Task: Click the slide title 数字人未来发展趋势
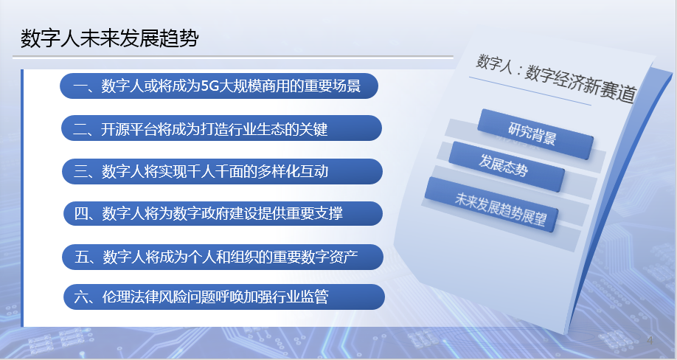click(110, 38)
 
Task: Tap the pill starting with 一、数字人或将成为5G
click(219, 86)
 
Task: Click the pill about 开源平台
click(221, 128)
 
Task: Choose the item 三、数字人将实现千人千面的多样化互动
click(223, 171)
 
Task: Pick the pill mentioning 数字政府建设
click(223, 213)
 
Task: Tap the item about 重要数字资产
click(223, 257)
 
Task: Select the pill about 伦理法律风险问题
click(224, 297)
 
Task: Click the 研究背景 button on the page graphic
click(535, 134)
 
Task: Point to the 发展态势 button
click(506, 166)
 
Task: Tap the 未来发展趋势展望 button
click(491, 204)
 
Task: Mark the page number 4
click(650, 341)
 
